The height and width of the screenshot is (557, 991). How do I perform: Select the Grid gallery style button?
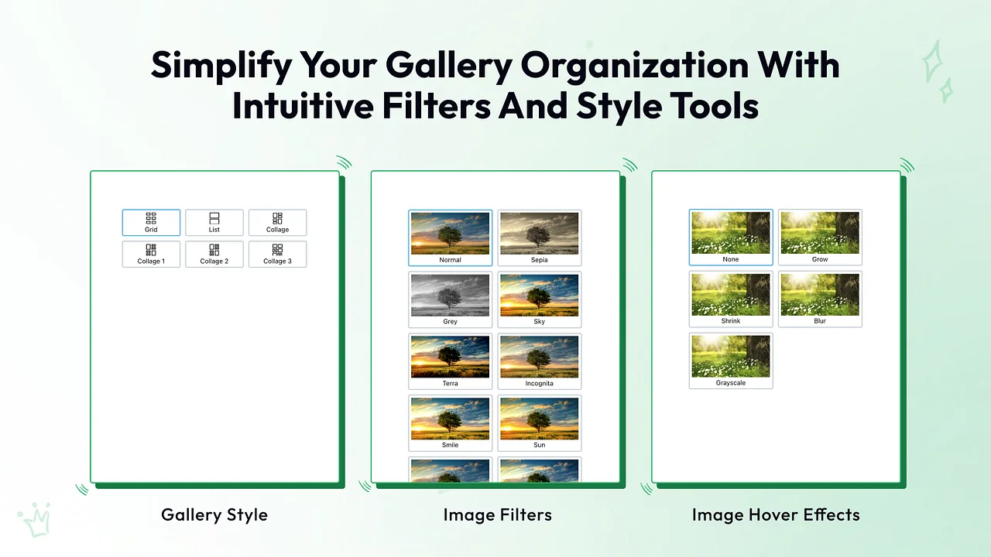[x=151, y=222]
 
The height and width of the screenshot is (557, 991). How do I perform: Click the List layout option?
[x=214, y=222]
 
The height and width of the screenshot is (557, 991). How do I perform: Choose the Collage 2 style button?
[x=214, y=255]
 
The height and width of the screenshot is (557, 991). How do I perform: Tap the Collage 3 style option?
[x=277, y=255]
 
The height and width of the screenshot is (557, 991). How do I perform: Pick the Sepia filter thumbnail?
[x=540, y=237]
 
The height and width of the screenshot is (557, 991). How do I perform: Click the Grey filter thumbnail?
[x=450, y=299]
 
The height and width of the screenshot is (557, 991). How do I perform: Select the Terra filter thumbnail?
[x=450, y=361]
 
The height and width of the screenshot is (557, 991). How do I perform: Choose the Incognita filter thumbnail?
[x=540, y=361]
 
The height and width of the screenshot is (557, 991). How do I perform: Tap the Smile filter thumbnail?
[x=450, y=423]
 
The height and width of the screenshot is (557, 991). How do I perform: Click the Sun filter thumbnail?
[x=540, y=423]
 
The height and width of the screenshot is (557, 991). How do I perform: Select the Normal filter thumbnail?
[x=450, y=237]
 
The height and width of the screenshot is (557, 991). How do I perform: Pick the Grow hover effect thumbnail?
[x=820, y=237]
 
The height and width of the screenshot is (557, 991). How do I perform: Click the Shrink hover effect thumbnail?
[x=730, y=299]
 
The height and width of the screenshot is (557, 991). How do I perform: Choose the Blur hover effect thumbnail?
[x=820, y=299]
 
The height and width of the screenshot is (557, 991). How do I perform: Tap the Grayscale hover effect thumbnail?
[x=730, y=361]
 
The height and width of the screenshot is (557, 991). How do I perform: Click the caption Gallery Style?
[x=214, y=515]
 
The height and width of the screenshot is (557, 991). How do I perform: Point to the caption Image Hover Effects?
[x=776, y=515]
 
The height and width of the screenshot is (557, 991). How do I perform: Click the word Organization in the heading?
[x=635, y=66]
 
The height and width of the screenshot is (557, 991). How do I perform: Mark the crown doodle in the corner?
[x=35, y=520]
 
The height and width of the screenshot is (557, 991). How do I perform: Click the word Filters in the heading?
[x=436, y=106]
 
